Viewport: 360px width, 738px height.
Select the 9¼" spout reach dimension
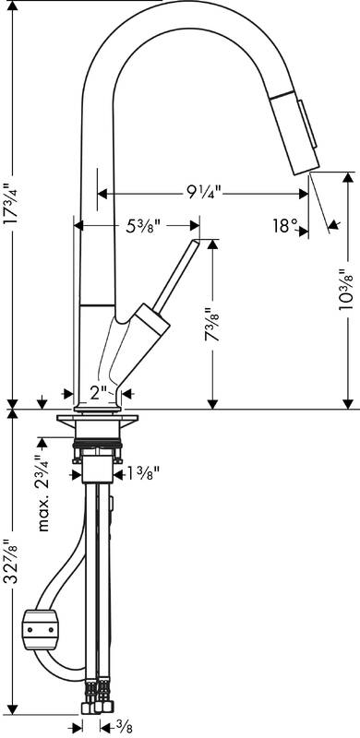click(x=202, y=193)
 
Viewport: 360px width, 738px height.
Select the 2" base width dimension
click(x=100, y=391)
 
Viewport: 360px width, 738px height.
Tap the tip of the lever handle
click(x=197, y=244)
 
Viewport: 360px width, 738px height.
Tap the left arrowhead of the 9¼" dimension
click(x=102, y=193)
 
